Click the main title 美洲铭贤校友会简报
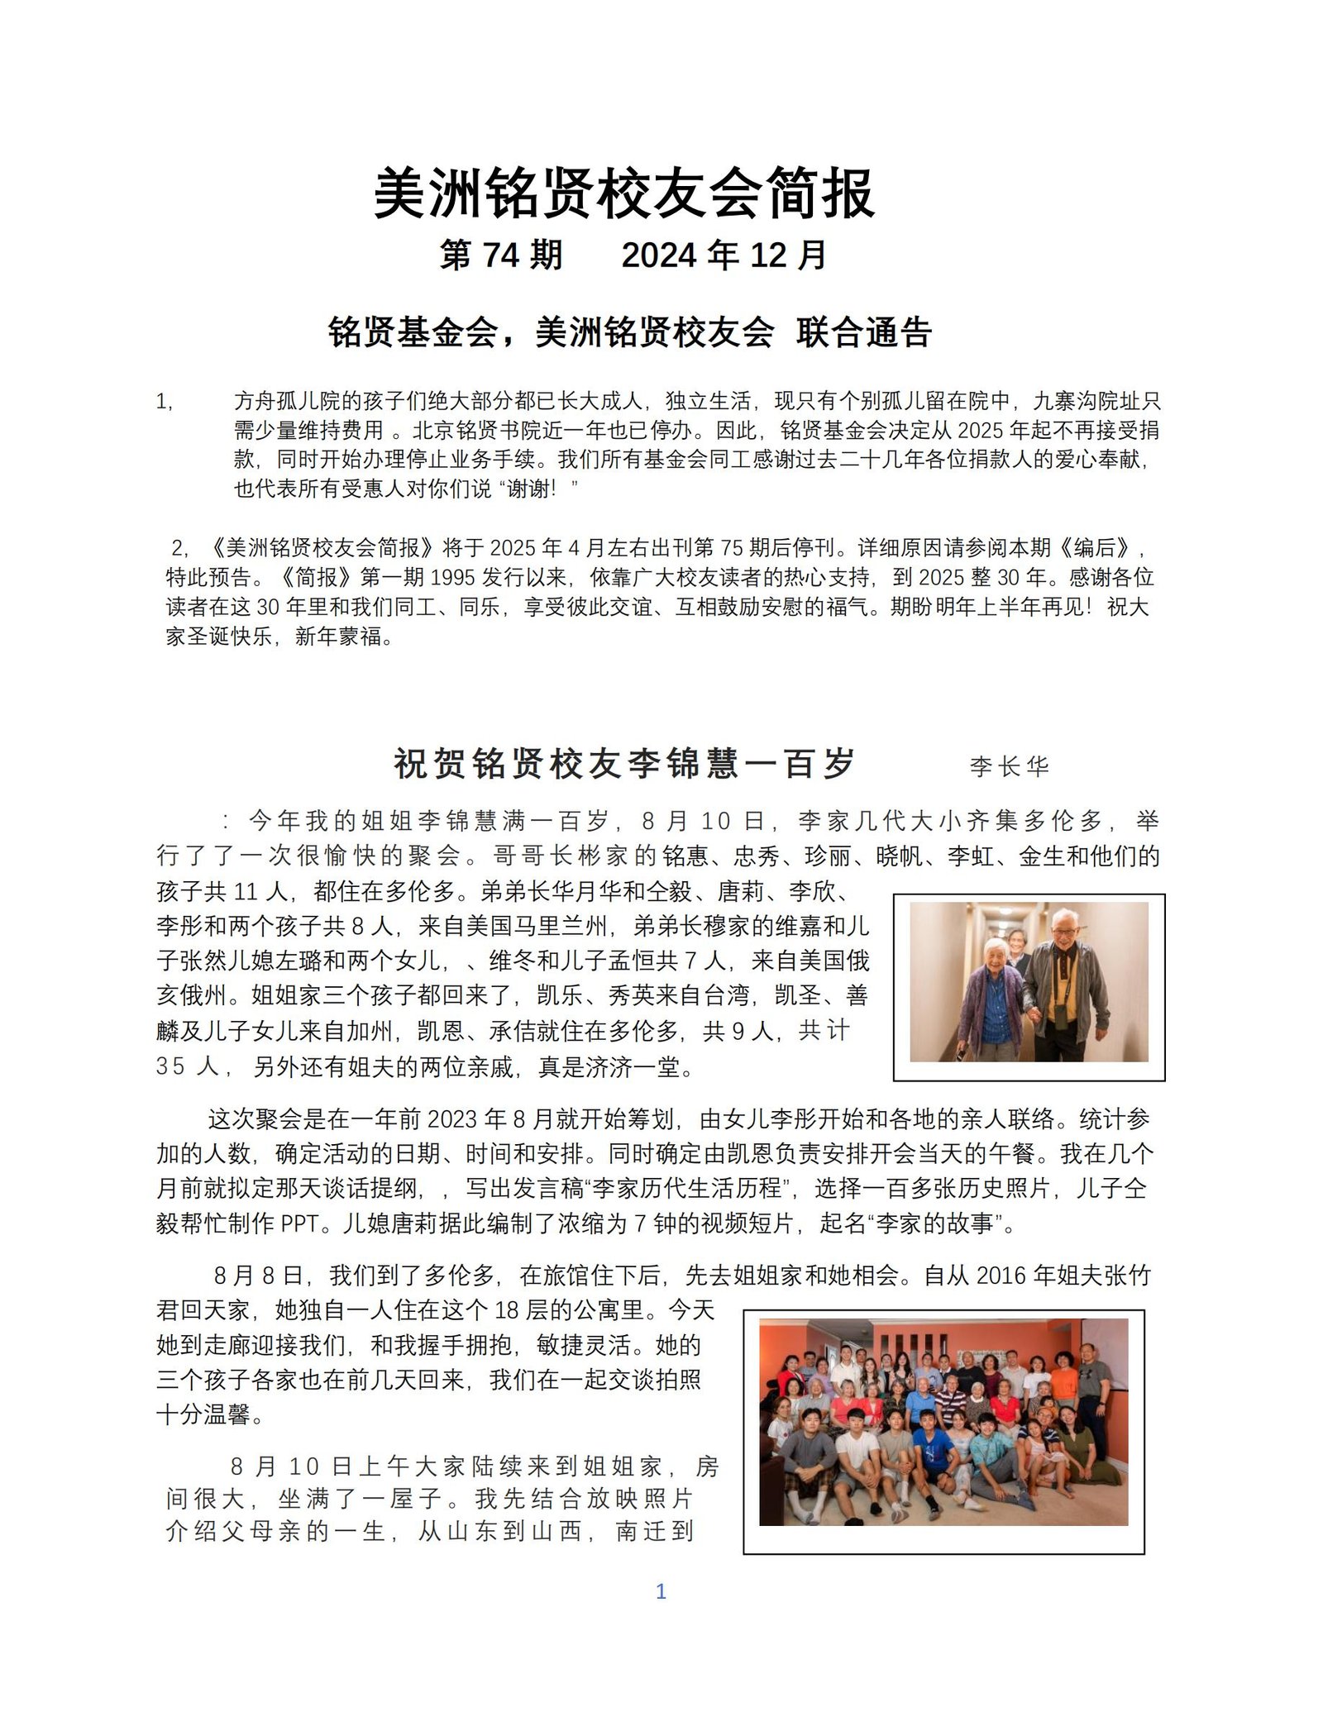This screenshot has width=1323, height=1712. (x=624, y=195)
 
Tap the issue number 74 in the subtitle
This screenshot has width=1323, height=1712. (x=501, y=255)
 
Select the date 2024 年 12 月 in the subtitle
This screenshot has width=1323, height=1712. (x=724, y=255)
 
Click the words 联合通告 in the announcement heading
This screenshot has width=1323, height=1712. (x=864, y=332)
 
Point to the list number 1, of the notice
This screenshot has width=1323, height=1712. (x=165, y=402)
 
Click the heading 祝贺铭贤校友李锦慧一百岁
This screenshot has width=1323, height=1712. (x=624, y=763)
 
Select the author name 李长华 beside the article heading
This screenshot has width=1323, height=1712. (x=1009, y=766)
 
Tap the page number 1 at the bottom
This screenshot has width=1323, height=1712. (x=661, y=1592)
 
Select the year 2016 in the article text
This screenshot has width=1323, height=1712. (x=1001, y=1276)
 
